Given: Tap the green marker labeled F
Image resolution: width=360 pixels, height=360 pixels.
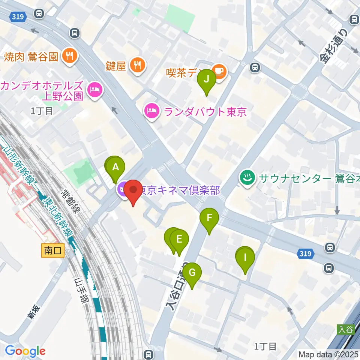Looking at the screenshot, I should (x=209, y=218).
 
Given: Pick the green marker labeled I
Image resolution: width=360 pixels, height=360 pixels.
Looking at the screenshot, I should (x=245, y=258).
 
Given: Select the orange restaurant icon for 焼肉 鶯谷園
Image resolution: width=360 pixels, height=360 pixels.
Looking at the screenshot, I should (x=69, y=57).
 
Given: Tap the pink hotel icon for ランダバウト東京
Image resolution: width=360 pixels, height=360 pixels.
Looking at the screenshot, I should (x=151, y=111).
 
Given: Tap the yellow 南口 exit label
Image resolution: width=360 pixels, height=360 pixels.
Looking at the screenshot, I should (x=53, y=251).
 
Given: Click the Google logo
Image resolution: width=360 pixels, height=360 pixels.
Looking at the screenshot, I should (x=25, y=351).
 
